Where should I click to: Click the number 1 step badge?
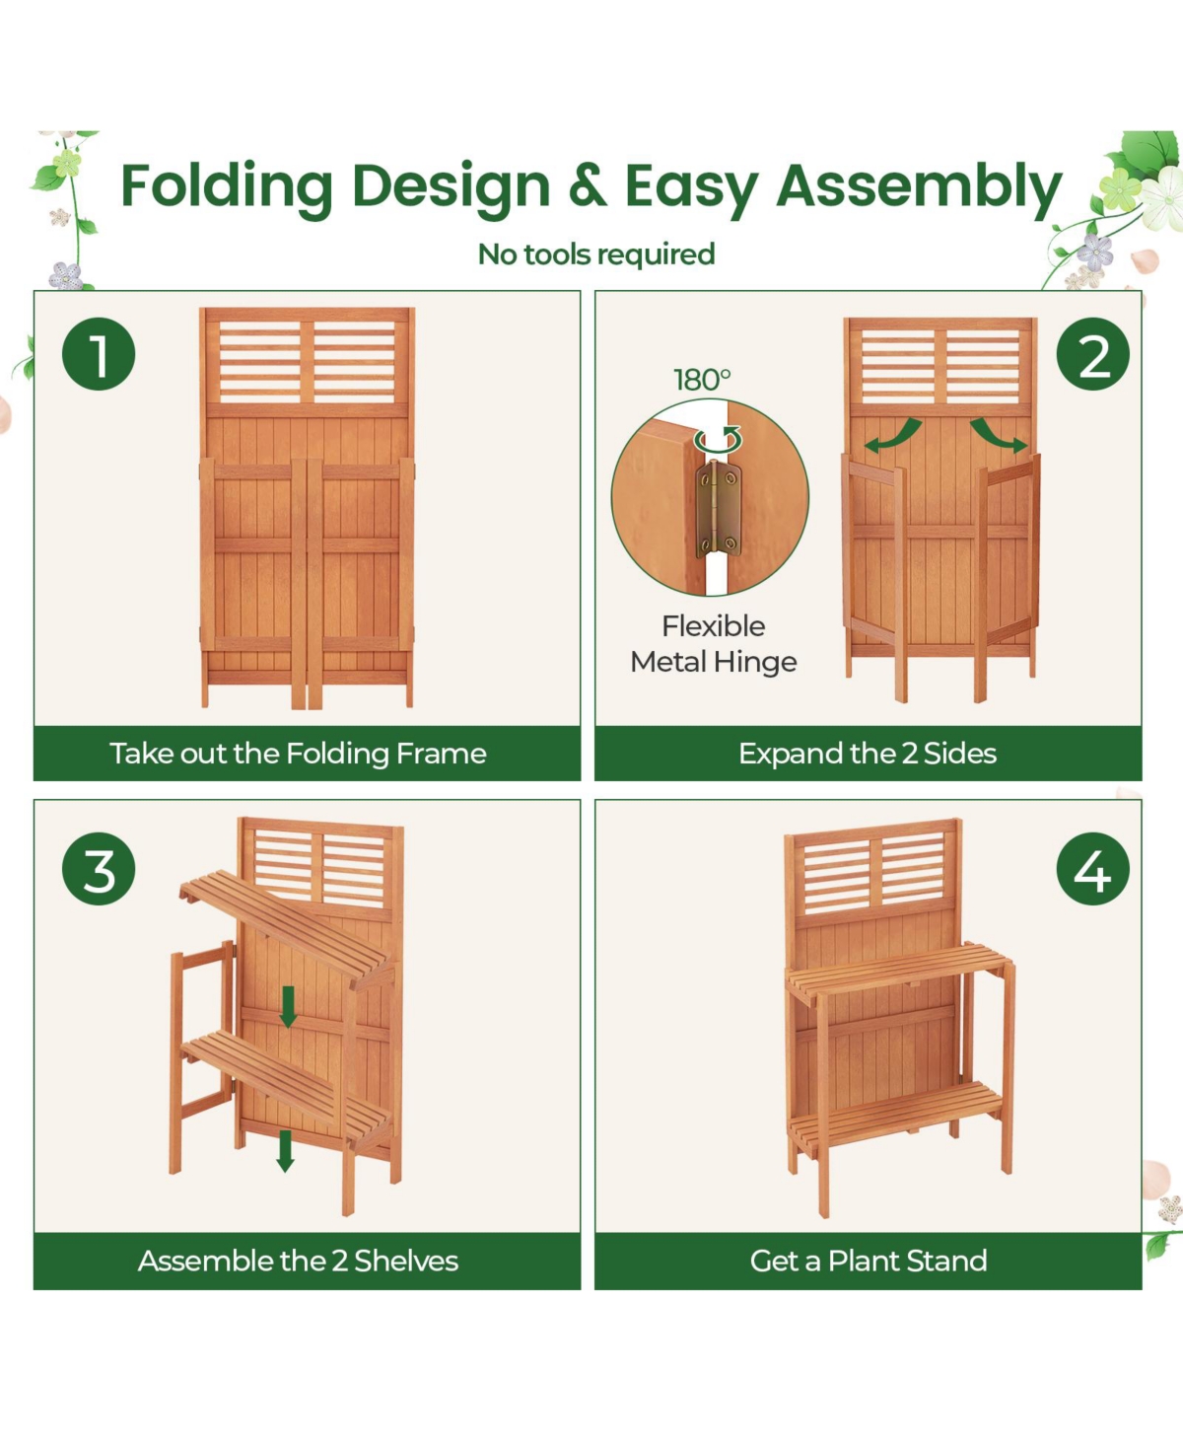(x=99, y=354)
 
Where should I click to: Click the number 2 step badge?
(x=1093, y=354)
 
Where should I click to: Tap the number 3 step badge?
(x=99, y=869)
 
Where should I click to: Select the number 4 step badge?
(x=1093, y=869)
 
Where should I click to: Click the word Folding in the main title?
(x=227, y=187)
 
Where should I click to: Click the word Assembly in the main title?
(x=919, y=187)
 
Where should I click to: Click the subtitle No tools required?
(x=596, y=254)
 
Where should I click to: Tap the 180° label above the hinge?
(x=702, y=380)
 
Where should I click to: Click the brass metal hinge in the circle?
(x=719, y=509)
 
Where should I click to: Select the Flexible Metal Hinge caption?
(x=714, y=644)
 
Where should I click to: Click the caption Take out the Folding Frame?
(x=298, y=754)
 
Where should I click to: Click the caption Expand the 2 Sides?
(x=868, y=754)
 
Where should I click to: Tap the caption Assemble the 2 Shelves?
(x=298, y=1261)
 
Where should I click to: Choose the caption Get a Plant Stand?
(x=868, y=1261)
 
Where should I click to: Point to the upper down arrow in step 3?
(x=288, y=1006)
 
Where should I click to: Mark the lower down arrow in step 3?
(x=285, y=1151)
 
